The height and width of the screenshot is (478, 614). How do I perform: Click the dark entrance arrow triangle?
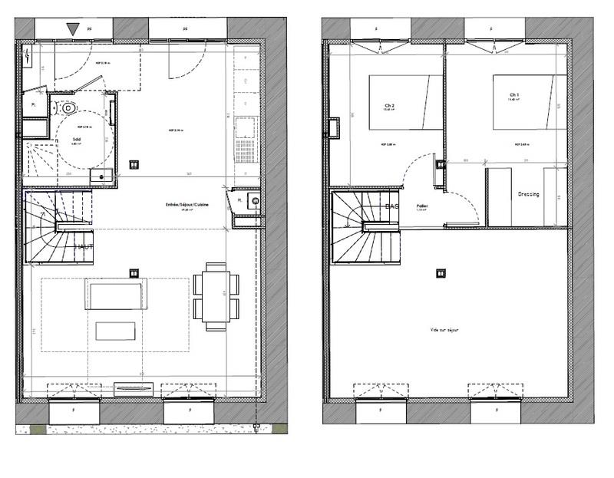click(73, 29)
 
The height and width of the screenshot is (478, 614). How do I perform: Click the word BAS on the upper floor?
click(391, 206)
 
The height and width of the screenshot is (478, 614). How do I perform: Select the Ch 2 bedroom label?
click(388, 106)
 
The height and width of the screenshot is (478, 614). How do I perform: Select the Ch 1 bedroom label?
click(513, 96)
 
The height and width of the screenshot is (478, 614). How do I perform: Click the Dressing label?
click(528, 194)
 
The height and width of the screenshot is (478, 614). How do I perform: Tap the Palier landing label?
click(421, 206)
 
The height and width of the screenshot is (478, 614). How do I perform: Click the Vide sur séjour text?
click(444, 329)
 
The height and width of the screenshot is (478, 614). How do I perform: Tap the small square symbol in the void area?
click(440, 272)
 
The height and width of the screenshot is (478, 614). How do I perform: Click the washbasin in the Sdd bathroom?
click(100, 177)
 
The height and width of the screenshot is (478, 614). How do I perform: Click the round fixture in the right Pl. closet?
click(254, 202)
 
